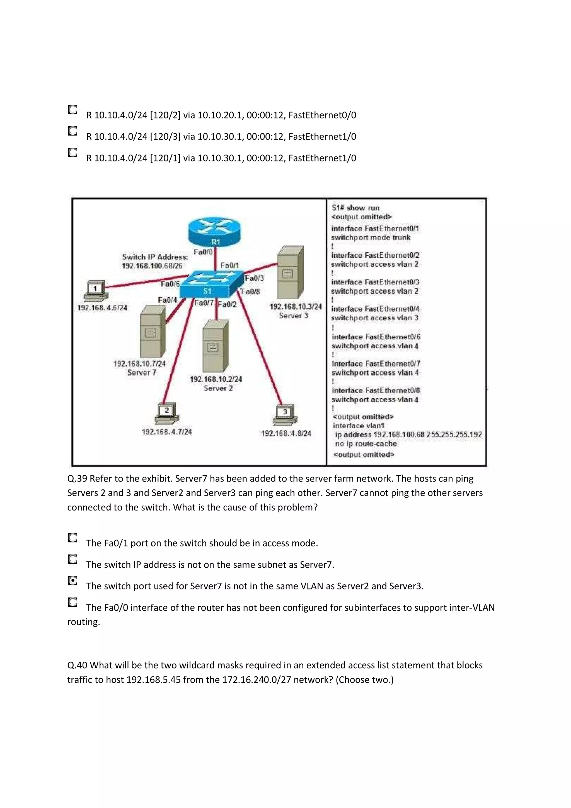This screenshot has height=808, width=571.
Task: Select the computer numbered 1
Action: [x=95, y=290]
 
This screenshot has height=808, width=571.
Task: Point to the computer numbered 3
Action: [x=285, y=414]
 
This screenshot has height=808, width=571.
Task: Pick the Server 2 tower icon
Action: [x=215, y=346]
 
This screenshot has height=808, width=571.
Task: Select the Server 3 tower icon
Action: [x=290, y=272]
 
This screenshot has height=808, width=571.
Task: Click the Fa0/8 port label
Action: [x=250, y=292]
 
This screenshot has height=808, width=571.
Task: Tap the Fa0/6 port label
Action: [x=170, y=284]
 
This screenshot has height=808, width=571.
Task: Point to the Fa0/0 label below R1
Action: [x=203, y=252]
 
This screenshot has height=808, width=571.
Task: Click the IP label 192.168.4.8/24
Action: [x=286, y=434]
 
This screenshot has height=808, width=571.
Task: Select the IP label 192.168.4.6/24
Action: [x=102, y=308]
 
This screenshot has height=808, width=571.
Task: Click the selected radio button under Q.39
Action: [x=72, y=581]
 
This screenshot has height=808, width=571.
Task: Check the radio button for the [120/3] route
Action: [x=72, y=131]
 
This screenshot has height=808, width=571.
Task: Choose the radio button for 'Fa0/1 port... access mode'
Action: [x=72, y=538]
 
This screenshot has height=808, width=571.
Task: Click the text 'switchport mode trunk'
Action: [x=371, y=238]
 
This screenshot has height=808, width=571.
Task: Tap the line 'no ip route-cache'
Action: [x=366, y=444]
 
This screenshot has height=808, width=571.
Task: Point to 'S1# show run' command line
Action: [x=355, y=208]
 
